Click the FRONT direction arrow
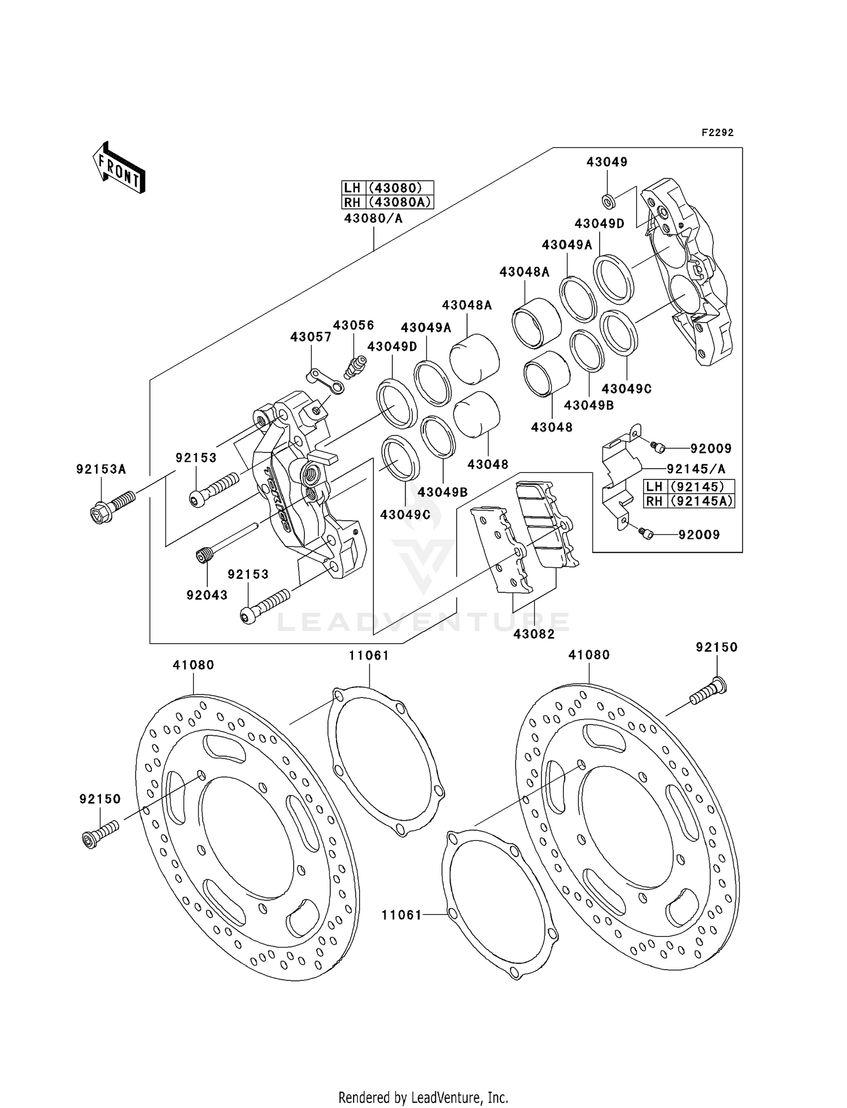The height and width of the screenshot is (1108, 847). point(119,168)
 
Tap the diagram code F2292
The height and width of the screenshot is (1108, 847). point(717,133)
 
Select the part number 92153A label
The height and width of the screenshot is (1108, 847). point(101,469)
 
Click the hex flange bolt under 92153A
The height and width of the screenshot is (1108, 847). point(112,506)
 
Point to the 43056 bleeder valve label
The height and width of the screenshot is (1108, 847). point(353,325)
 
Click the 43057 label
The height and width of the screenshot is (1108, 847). point(311,337)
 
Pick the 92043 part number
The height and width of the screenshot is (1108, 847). point(207,595)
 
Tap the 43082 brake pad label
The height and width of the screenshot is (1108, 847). point(534,634)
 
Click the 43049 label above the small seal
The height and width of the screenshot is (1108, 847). point(607,162)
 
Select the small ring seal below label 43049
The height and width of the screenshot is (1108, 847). point(608,199)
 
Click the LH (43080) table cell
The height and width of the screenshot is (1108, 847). point(388,188)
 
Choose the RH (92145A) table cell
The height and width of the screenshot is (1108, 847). point(689,501)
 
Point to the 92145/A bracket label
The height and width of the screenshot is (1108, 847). point(696,469)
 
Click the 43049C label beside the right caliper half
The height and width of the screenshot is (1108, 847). point(626,389)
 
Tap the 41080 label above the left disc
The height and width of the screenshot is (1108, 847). point(194,665)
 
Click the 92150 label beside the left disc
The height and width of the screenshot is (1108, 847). point(100,799)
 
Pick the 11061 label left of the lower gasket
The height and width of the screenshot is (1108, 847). point(401,915)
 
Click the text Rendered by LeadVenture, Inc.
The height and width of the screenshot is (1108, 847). point(423,1098)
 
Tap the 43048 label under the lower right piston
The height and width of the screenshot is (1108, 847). point(552,428)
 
